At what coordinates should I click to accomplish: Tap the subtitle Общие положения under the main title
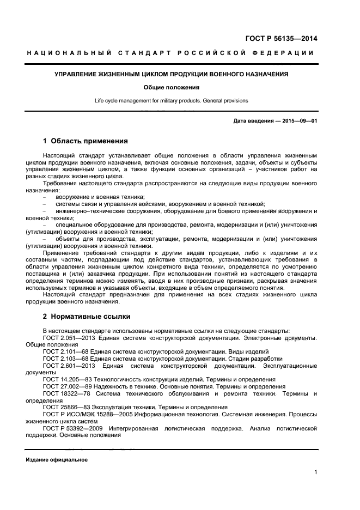click(x=172, y=87)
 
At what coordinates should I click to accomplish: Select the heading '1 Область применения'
click(x=85, y=141)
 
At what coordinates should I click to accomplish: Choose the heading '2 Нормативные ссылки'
click(x=86, y=316)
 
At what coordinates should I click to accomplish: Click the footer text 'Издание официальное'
click(x=57, y=460)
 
